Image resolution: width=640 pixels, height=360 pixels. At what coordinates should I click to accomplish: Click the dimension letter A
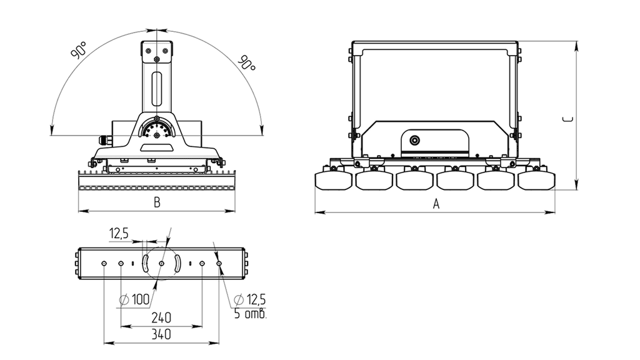[436, 204]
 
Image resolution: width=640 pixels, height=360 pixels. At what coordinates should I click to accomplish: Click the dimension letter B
[157, 202]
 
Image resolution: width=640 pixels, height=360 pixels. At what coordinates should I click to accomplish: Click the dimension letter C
[567, 119]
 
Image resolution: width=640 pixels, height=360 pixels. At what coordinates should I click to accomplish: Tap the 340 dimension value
[161, 335]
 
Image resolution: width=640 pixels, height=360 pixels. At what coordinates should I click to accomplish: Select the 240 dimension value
[161, 317]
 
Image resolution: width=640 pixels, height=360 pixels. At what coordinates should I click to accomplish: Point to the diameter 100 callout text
[135, 299]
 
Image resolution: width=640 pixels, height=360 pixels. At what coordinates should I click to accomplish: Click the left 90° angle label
[79, 50]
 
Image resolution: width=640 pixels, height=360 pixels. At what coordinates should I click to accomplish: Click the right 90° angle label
[247, 62]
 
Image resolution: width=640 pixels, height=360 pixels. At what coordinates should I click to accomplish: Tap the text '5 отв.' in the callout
[250, 314]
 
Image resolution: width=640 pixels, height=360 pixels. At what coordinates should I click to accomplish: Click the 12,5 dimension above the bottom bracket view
[119, 234]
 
